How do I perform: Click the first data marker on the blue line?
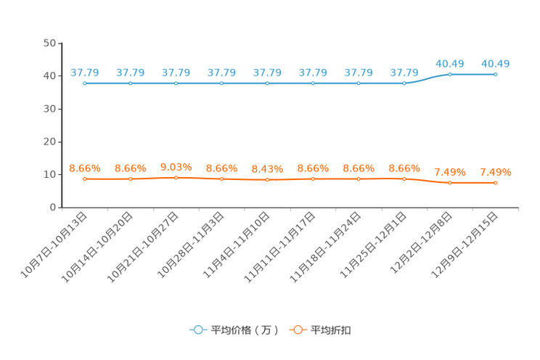click(x=85, y=83)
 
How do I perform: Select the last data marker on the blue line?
click(x=496, y=74)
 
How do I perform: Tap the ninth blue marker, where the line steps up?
click(x=450, y=74)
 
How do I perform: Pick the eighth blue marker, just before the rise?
click(x=404, y=83)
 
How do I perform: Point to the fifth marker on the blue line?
click(x=267, y=83)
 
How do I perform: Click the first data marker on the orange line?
click(x=85, y=179)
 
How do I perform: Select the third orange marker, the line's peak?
click(x=176, y=176)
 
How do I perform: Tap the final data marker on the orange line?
click(x=496, y=184)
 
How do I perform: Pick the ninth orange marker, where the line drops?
click(x=450, y=184)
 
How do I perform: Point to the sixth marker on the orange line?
click(x=313, y=179)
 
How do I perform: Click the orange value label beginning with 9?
click(x=176, y=165)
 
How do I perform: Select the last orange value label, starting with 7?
click(x=496, y=172)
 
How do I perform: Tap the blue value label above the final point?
click(x=496, y=64)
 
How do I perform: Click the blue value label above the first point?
click(x=85, y=72)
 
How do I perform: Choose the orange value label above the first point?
click(x=85, y=168)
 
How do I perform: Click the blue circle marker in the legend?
click(x=198, y=330)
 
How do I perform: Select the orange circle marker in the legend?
click(x=298, y=330)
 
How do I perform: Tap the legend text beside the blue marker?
click(x=245, y=330)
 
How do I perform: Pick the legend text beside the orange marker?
click(x=332, y=330)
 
